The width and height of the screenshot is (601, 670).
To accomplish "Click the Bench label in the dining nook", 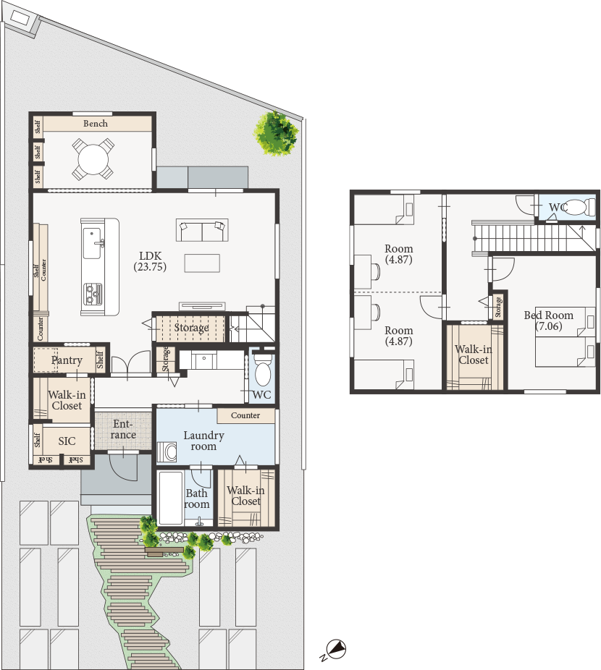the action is (96, 124).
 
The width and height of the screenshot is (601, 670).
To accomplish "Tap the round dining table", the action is (93, 160).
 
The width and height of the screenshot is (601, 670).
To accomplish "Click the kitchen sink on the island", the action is (92, 243).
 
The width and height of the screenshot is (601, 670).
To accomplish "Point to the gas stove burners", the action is (93, 294).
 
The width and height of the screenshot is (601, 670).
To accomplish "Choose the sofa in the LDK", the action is (202, 230).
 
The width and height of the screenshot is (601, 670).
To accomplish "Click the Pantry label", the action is (67, 360).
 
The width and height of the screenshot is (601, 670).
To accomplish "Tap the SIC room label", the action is (67, 441).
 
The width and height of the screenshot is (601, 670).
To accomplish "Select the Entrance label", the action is (123, 430).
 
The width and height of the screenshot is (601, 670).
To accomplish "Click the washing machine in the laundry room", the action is (167, 452).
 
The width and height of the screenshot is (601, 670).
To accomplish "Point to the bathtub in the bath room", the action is (171, 497).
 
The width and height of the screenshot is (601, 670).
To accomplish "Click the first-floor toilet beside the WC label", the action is (263, 370).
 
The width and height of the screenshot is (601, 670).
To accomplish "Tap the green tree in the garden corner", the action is (277, 134).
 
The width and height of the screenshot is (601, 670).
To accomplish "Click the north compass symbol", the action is (336, 648).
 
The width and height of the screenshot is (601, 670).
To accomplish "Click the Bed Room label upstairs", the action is (548, 315).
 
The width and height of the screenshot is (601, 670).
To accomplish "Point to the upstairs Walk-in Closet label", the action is (473, 355).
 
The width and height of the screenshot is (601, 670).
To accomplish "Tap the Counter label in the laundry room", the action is (245, 415).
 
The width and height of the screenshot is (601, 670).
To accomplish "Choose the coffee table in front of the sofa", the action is (202, 263).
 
